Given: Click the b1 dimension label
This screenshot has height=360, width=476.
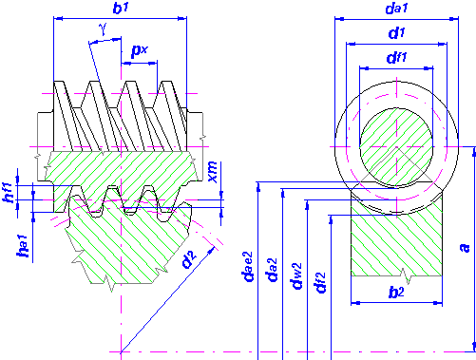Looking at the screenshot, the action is (x=121, y=9).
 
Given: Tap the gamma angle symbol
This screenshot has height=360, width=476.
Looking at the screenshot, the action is (x=103, y=29).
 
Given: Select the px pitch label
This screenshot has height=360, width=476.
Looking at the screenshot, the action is (x=140, y=50).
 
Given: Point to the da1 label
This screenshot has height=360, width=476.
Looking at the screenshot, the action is (x=396, y=9).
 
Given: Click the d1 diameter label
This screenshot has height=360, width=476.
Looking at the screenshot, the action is (x=396, y=33).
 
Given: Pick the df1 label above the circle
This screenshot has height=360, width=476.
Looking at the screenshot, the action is (x=396, y=58).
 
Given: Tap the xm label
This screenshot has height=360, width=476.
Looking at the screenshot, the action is (x=213, y=172).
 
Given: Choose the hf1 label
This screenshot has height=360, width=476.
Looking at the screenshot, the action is (x=8, y=193).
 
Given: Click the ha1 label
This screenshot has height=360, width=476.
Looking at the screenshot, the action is (x=23, y=246).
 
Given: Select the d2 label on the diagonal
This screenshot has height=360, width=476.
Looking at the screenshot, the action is (x=189, y=259).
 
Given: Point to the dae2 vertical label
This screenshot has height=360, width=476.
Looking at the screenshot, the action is (x=247, y=267).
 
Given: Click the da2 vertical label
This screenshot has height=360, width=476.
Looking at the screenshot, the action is (x=273, y=270).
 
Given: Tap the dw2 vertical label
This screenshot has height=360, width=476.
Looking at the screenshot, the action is (x=297, y=275).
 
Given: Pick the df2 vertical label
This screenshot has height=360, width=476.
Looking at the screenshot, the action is (x=320, y=282).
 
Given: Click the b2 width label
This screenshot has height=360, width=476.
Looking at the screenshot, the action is (x=396, y=293).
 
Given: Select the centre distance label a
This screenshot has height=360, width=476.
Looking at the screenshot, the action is (x=465, y=247).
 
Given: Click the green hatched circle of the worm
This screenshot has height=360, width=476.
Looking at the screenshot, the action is (x=396, y=147).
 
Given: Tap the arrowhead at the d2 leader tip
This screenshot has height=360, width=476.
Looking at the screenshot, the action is (x=212, y=250).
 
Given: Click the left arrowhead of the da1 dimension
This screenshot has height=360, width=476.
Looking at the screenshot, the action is (x=339, y=19).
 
